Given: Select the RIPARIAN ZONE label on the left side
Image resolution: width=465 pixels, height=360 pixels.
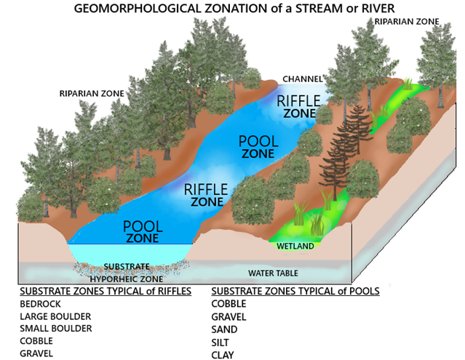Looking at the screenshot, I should (92, 94).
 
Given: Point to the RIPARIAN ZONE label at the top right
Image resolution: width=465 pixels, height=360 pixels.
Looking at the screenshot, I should (408, 22).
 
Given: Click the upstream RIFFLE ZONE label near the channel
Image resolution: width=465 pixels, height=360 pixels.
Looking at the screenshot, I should (299, 106).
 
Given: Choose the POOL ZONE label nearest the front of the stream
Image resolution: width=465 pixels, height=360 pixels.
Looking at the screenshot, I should (143, 232).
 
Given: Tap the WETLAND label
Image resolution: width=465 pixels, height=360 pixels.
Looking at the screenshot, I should (295, 246).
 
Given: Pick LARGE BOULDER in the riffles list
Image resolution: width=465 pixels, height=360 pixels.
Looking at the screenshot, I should (55, 316).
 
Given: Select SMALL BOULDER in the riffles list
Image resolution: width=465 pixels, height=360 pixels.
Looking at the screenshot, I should (56, 329).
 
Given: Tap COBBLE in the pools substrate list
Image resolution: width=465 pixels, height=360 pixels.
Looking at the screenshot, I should (228, 304).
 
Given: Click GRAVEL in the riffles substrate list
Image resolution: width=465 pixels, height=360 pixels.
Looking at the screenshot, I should (38, 353).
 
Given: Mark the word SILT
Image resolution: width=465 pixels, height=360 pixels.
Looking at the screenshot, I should (221, 342).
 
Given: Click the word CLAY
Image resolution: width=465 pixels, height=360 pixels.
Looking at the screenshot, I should (223, 354).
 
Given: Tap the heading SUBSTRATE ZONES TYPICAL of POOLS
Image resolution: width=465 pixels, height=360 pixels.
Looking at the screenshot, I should (295, 291).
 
